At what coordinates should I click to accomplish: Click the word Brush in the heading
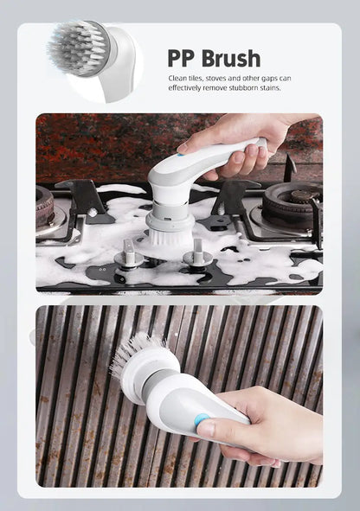tap(230, 59)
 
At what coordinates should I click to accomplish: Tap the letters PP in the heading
tap(182, 59)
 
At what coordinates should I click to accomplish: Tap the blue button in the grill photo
tap(202, 421)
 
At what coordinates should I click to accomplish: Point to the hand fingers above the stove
tap(242, 156)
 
